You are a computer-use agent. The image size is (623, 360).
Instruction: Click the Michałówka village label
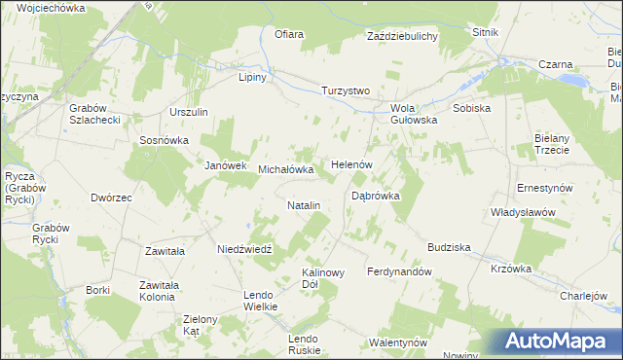(x=286, y=169)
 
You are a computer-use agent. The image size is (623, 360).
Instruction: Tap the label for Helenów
(x=353, y=164)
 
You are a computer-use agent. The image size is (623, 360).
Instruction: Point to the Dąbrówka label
(x=376, y=196)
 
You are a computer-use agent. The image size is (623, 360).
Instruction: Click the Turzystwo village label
(x=347, y=90)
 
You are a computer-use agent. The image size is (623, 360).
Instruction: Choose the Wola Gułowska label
(x=414, y=114)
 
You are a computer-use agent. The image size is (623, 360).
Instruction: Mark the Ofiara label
(x=289, y=35)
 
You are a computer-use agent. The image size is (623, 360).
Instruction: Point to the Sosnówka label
(x=164, y=140)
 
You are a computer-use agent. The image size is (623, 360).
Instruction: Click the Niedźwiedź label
(x=249, y=248)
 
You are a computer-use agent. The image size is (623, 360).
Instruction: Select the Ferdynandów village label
(x=399, y=271)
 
